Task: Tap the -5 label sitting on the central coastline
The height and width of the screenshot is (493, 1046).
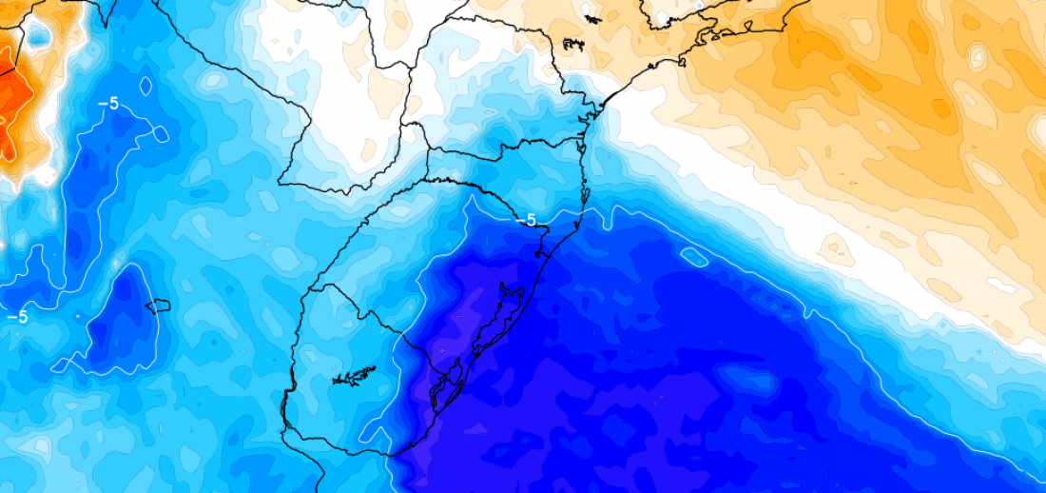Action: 525,220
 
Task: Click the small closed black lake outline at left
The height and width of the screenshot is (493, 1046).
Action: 157,306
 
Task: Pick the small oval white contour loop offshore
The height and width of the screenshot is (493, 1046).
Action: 694,255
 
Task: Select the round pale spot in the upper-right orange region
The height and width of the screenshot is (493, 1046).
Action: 978,57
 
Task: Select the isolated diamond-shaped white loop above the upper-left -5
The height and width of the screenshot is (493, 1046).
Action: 145,86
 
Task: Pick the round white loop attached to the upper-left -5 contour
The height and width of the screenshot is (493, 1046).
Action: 162,133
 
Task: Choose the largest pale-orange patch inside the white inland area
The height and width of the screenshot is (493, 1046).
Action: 386,90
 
